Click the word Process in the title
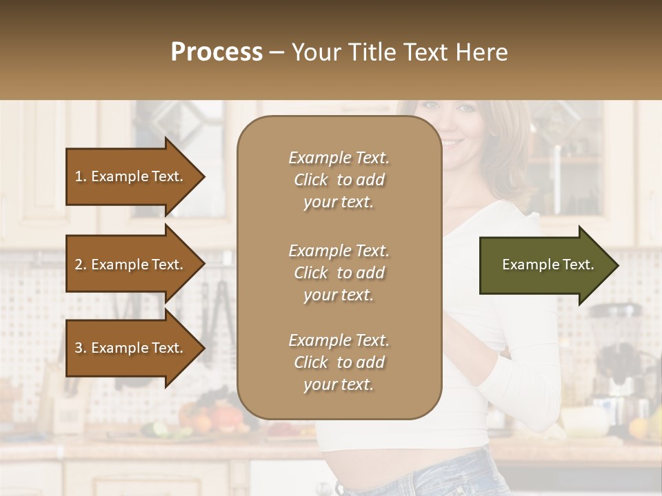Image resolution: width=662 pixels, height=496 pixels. [217, 52]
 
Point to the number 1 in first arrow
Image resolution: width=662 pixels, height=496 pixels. [79, 176]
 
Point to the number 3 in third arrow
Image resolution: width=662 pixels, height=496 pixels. [79, 348]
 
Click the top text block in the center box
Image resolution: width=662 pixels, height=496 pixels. [339, 180]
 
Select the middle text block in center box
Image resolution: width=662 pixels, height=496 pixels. [339, 273]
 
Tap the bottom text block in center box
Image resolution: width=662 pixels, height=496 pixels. [339, 362]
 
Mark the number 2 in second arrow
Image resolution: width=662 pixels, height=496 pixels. [79, 265]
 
